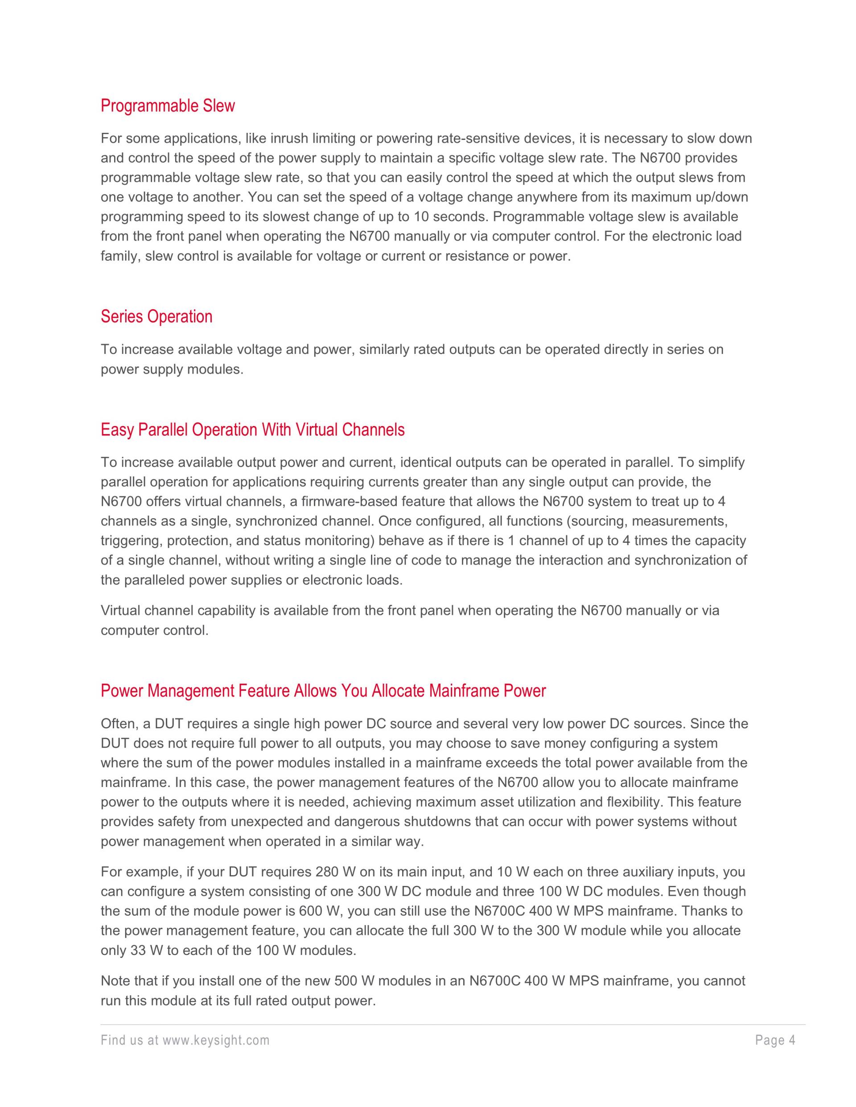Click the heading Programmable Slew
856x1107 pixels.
168,106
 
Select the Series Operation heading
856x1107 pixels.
156,317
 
